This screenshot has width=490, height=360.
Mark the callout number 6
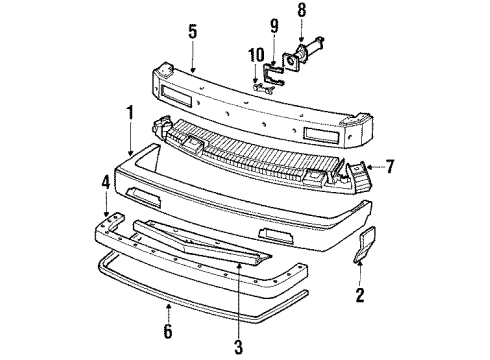pyautogui.click(x=167, y=330)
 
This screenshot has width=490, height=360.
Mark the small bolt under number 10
pyautogui.click(x=262, y=88)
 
